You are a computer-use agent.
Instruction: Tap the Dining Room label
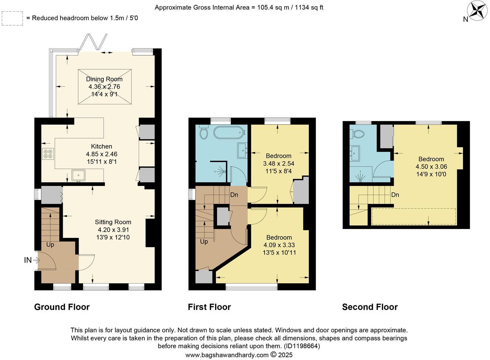pos(104,79)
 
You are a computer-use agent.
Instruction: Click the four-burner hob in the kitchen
pos(48,153)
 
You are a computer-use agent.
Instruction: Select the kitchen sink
pos(79,174)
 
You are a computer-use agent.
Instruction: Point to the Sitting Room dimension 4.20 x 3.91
pos(113,230)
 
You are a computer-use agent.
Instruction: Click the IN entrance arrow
pos(32,260)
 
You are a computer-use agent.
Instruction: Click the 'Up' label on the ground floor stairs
pos(50,244)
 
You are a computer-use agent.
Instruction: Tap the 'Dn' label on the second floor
pos(395,195)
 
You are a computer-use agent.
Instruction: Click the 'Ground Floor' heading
pos(62,307)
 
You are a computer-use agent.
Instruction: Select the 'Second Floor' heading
pos(370,307)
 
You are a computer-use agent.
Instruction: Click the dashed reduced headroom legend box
pos(12,18)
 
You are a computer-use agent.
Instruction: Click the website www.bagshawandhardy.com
pos(227,355)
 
